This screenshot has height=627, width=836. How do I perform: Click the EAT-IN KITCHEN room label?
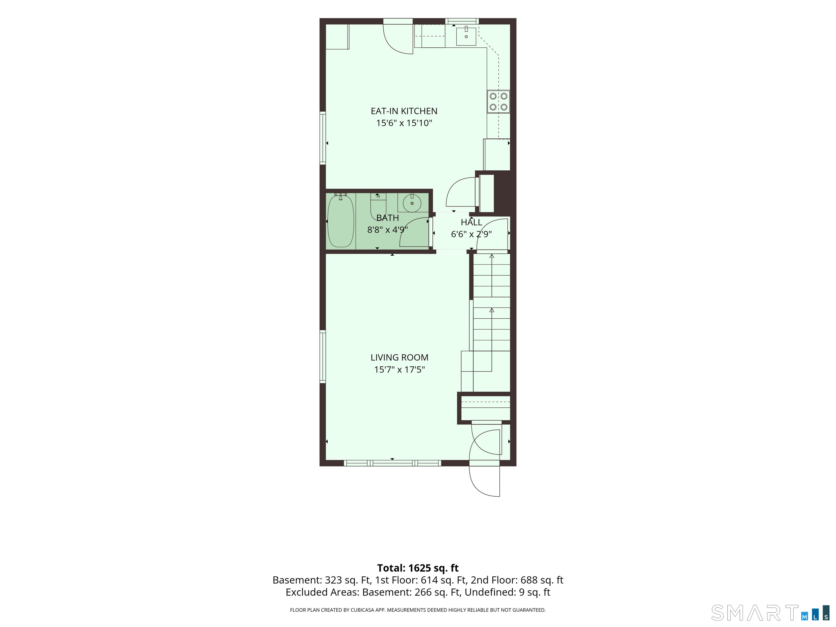point(404,111)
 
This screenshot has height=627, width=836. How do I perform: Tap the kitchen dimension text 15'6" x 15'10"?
point(404,123)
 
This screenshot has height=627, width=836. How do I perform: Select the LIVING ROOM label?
point(399,358)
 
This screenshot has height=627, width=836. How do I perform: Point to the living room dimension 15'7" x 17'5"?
point(399,369)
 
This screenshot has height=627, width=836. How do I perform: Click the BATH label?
point(388,218)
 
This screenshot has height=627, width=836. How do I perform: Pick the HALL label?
point(471,222)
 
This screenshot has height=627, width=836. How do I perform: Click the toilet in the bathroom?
point(378,204)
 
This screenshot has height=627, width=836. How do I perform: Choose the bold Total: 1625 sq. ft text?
point(418,568)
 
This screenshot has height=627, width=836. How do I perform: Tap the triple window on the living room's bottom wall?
point(392,463)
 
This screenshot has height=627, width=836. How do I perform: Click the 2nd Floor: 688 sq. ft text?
point(517,580)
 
